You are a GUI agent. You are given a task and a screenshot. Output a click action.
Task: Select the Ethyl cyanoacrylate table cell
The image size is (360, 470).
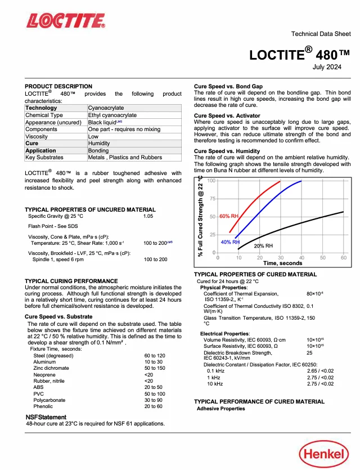click(112, 115)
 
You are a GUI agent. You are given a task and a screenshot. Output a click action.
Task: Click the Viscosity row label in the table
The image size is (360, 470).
click(38, 136)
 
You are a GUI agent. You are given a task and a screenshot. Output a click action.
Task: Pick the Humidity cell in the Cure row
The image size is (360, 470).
click(99, 144)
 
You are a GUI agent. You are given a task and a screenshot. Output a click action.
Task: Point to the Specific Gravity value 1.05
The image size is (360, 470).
click(148, 216)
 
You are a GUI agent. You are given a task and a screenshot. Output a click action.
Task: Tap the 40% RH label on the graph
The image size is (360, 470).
click(229, 242)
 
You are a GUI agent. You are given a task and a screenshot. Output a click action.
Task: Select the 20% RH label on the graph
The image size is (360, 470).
click(263, 246)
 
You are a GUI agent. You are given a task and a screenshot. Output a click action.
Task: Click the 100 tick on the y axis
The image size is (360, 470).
click(211, 181)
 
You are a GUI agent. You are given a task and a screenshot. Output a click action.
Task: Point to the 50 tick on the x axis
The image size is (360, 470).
click(323, 258)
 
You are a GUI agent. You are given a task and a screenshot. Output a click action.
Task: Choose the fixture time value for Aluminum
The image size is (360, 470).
click(152, 362)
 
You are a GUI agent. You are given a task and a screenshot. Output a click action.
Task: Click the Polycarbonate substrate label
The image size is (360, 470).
click(49, 400)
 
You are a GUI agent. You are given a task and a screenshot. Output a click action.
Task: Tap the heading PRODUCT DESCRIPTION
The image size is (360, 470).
click(58, 86)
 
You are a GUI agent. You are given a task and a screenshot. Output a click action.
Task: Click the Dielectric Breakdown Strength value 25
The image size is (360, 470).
click(309, 353)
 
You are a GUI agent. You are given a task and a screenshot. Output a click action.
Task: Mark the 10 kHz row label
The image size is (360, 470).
click(215, 383)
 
